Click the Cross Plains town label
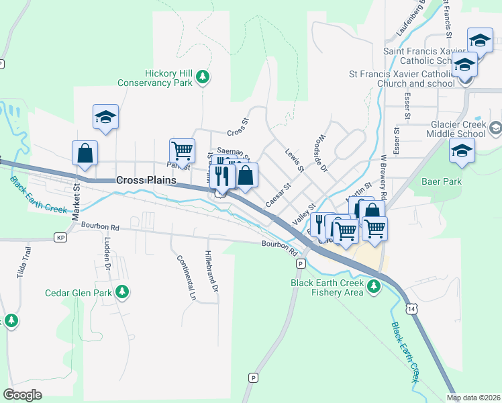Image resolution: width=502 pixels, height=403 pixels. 146,180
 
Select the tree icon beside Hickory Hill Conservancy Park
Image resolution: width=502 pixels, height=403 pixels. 203,79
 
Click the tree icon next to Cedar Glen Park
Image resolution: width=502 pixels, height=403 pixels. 121,292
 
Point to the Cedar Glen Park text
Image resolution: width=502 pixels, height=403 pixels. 78,293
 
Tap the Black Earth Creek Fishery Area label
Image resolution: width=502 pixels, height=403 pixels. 327,287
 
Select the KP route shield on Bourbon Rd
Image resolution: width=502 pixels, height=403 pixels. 62,238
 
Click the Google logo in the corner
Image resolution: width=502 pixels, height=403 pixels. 22,395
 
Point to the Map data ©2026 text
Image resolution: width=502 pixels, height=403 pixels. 473,398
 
